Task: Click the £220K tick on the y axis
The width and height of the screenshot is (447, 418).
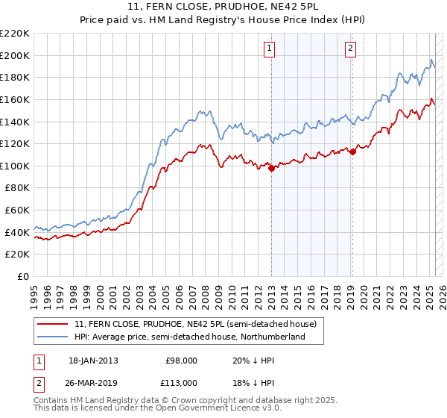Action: [15, 33]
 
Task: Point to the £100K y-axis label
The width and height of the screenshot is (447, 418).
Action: [15, 166]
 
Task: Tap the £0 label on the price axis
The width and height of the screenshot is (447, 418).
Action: [23, 277]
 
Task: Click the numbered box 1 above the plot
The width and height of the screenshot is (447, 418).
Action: [268, 49]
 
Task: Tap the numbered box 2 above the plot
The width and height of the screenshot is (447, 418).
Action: [349, 49]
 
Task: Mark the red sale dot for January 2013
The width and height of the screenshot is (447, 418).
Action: [272, 169]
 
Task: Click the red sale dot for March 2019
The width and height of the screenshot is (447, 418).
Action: [353, 152]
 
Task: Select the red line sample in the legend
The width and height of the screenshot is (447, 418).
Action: [53, 324]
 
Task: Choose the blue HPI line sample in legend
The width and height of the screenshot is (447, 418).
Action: [53, 337]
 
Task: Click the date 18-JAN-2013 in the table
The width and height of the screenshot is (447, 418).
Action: [93, 360]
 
